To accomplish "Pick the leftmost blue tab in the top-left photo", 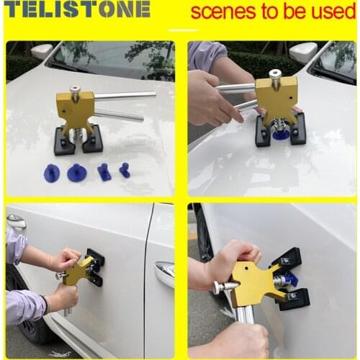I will (x=52, y=172).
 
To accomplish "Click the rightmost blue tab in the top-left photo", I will (x=125, y=171).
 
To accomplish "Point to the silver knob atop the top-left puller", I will (x=75, y=91).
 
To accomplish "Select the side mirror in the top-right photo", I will (x=303, y=52).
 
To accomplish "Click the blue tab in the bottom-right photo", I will (x=289, y=279).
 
